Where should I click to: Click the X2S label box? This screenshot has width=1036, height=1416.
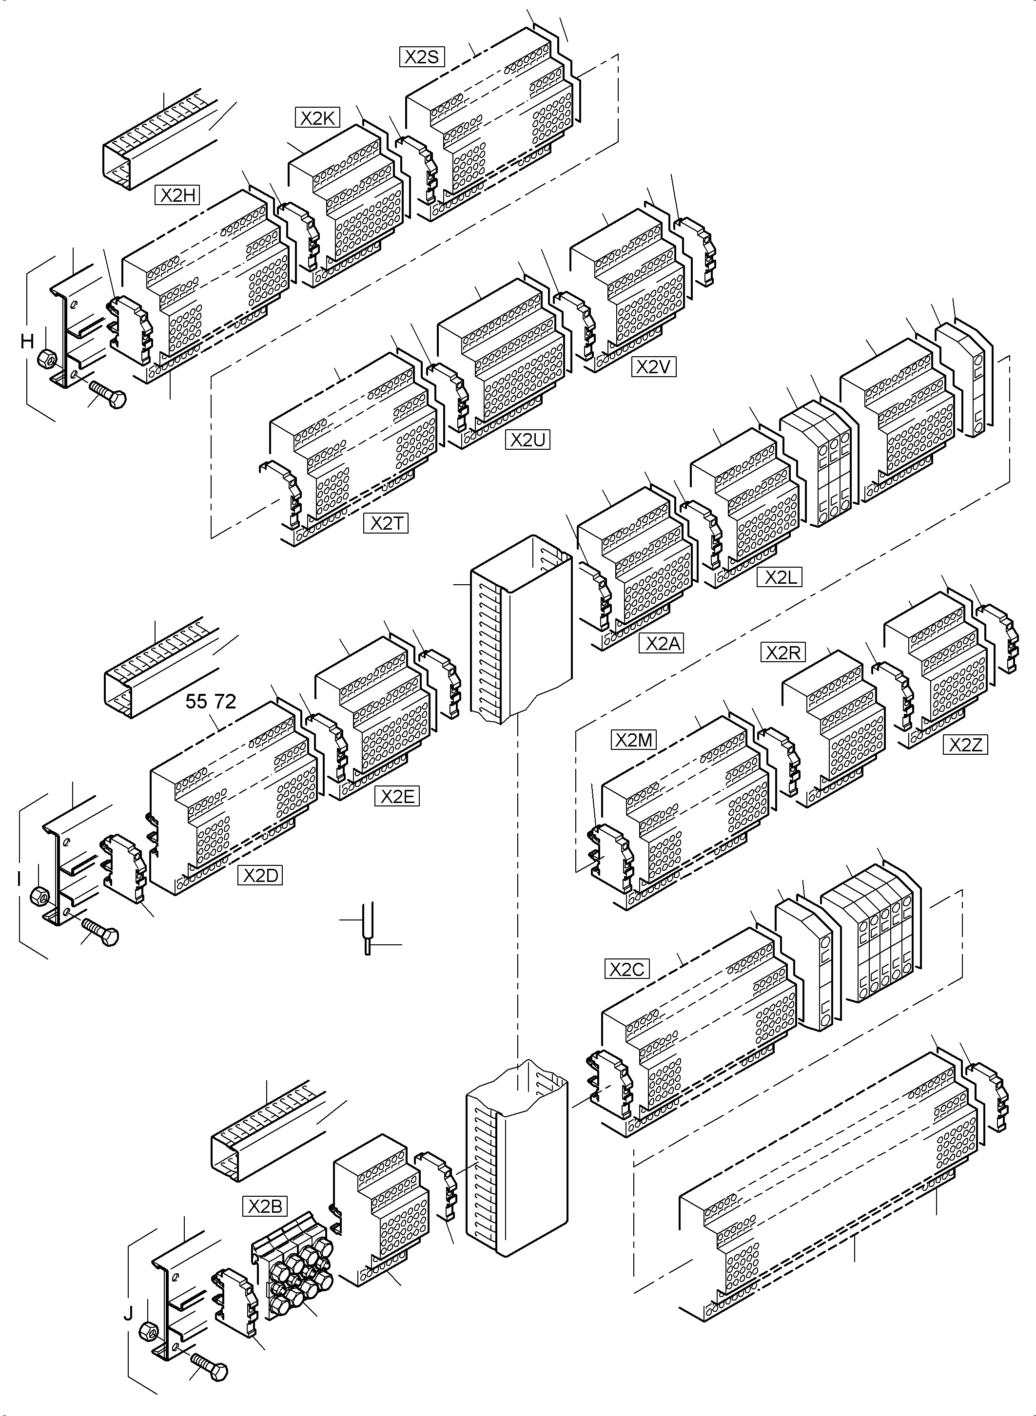[422, 57]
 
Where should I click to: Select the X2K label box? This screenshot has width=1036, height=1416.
[317, 118]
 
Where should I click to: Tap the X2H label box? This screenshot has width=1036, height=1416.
[177, 195]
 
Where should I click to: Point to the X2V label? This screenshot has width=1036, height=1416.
[654, 367]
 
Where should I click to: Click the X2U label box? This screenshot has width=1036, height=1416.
[528, 440]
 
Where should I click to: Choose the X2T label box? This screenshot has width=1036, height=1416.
[386, 523]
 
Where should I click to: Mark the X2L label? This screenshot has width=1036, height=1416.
[780, 577]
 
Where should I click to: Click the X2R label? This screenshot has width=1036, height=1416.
[783, 653]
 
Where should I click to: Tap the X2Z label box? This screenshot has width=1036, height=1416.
[966, 745]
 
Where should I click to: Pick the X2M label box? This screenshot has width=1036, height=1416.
[633, 740]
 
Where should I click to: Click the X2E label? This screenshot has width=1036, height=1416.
[397, 797]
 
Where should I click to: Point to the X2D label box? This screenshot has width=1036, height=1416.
[260, 876]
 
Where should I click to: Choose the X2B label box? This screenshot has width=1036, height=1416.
[265, 1206]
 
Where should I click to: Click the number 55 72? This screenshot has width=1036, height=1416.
[211, 701]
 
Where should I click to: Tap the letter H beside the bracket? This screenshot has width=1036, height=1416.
[27, 342]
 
